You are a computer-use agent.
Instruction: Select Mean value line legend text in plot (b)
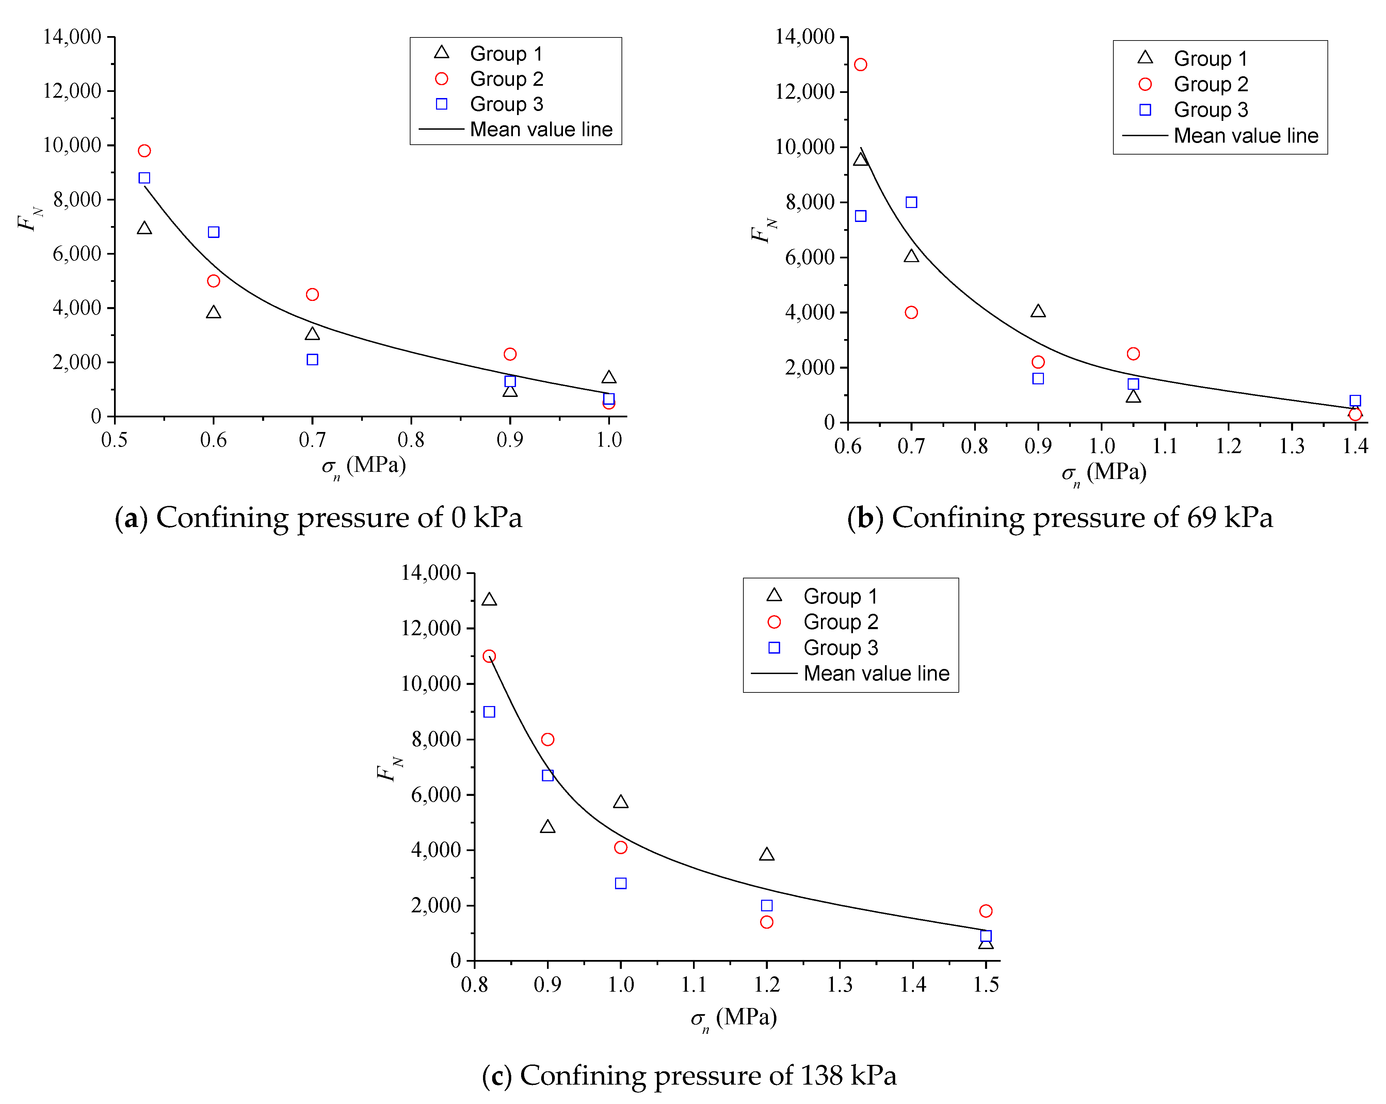coord(1245,136)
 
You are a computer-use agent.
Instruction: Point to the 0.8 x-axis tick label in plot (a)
coord(411,440)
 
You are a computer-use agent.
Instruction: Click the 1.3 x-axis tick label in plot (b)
coord(1291,446)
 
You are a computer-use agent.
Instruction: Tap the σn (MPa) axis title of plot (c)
coord(734,1018)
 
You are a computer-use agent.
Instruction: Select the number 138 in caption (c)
coord(821,1076)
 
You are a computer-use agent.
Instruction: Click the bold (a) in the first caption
coord(131,517)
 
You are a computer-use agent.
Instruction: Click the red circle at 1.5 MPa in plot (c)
coord(985,910)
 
